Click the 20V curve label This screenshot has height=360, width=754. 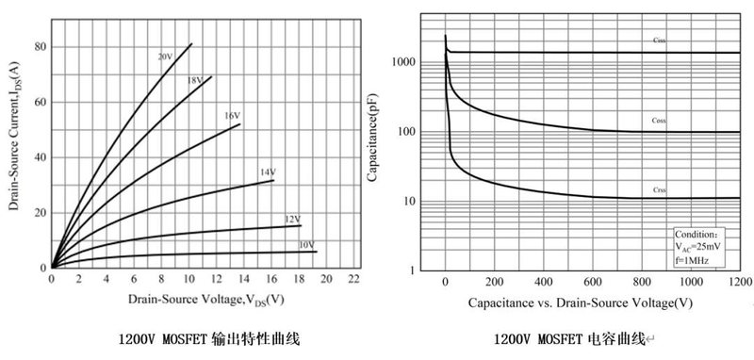165,57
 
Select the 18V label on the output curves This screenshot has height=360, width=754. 194,81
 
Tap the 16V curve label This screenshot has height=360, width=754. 231,116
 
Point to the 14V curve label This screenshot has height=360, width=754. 267,172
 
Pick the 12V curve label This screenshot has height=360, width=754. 292,220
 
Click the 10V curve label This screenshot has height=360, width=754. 306,245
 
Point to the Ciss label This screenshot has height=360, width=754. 659,40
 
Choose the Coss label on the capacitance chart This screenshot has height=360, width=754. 659,121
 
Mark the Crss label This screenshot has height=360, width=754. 659,189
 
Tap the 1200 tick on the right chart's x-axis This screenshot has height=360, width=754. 740,282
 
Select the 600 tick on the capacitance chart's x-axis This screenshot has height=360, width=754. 593,282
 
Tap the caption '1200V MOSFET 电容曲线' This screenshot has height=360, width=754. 572,337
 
